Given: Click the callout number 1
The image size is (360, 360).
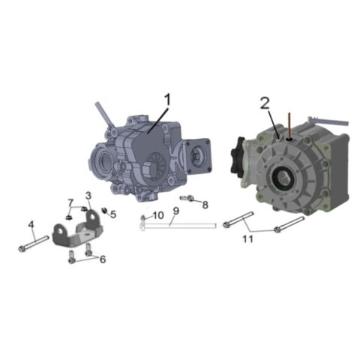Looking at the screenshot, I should [168, 99].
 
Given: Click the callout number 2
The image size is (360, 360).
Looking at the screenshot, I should [264, 103].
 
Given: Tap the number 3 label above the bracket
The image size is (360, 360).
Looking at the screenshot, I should [88, 196].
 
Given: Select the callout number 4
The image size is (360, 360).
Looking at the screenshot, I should [31, 224].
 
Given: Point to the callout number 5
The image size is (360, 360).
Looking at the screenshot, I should [113, 214].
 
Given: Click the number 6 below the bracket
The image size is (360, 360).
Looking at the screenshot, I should [103, 259].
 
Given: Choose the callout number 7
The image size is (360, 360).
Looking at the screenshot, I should [71, 203].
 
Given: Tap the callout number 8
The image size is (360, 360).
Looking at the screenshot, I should [205, 204].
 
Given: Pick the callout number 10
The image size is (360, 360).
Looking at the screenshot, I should [157, 216].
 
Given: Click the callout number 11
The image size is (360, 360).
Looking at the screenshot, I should [247, 238].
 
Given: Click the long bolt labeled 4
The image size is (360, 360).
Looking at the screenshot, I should [34, 244].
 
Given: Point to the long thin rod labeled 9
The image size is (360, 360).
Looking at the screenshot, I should [180, 224].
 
